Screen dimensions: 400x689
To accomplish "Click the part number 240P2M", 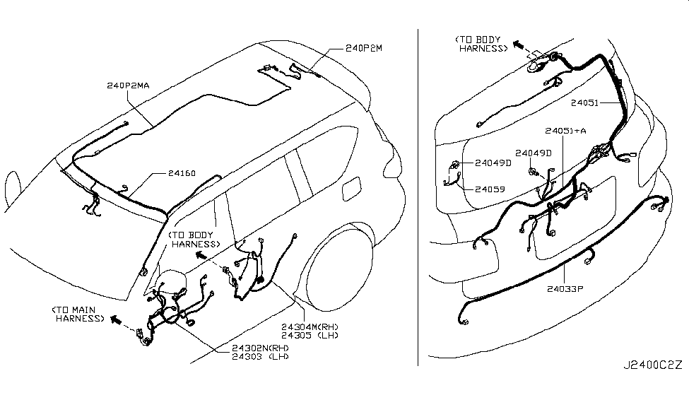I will click(x=364, y=49).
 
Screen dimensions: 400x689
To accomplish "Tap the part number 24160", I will click(x=182, y=172).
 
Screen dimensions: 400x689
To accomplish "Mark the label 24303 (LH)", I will click(x=260, y=357).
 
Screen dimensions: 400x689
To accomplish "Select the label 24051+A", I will click(x=565, y=131).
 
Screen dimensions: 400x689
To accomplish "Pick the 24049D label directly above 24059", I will click(x=493, y=163).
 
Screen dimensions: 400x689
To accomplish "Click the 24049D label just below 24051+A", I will click(x=534, y=153).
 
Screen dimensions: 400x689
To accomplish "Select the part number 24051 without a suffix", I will click(x=585, y=102).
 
